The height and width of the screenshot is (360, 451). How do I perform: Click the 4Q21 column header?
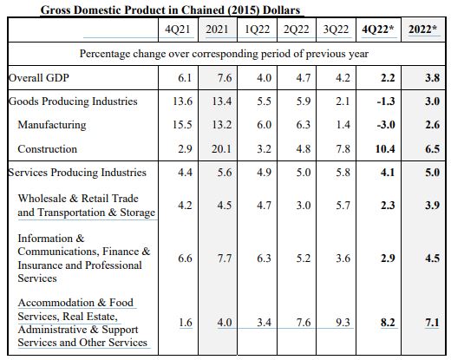[x=178, y=29]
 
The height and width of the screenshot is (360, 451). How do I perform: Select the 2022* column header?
[x=423, y=29]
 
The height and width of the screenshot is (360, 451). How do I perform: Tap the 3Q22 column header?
[x=336, y=29]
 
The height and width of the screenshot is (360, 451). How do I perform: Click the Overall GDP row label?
[x=39, y=78]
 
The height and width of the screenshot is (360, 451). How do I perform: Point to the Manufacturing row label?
[x=52, y=125]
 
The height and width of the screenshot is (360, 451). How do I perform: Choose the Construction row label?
[x=48, y=149]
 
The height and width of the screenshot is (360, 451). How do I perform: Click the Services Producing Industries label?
[x=77, y=173]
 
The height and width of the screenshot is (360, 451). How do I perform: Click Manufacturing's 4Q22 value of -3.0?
[x=386, y=125]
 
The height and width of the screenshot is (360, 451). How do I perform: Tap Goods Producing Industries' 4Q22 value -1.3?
[x=386, y=101]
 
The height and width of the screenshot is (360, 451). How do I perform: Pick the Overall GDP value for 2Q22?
[x=304, y=78]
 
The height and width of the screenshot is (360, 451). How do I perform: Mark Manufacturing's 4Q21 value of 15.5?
[x=182, y=125]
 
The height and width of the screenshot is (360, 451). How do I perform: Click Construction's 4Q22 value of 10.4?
[x=385, y=149]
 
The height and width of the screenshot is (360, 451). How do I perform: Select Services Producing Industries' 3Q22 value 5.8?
[x=343, y=173]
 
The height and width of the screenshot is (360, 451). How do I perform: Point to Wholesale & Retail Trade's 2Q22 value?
[x=304, y=206]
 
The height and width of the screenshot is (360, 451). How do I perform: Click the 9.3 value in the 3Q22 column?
[x=343, y=322]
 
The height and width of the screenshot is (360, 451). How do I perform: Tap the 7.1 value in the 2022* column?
[x=432, y=322]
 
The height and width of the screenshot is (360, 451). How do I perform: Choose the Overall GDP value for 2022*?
[x=432, y=78]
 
